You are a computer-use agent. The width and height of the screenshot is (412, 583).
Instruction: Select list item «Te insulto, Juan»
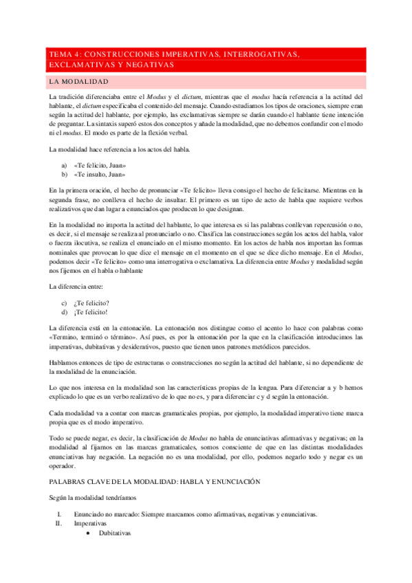pos(99,175)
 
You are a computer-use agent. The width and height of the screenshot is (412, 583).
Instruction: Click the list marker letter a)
pos(65,166)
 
